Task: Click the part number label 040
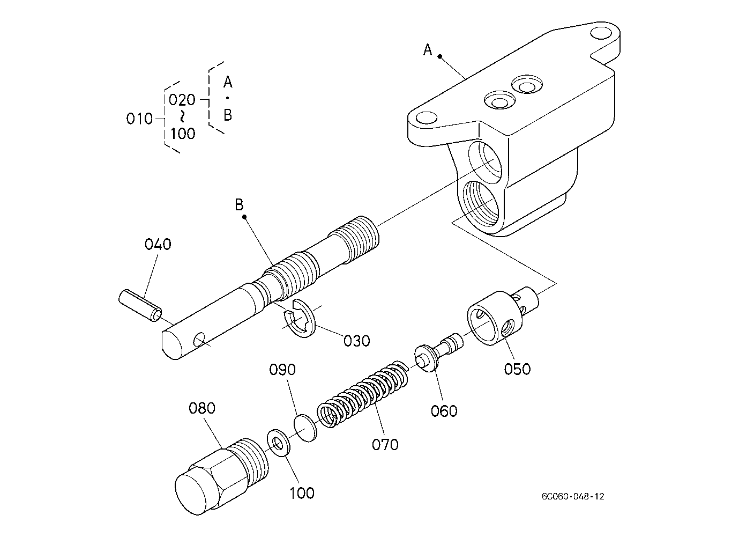tap(158, 245)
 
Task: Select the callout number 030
tap(356, 341)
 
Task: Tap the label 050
tap(517, 369)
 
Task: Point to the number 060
tap(444, 411)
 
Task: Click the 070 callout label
tap(385, 444)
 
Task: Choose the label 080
tap(202, 408)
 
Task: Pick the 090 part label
tap(282, 370)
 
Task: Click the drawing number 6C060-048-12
tap(572, 497)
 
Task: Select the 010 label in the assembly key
tap(139, 119)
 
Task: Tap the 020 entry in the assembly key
tap(182, 100)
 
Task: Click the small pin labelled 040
tap(139, 305)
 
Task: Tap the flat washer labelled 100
tap(279, 443)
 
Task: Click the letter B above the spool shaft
tap(239, 204)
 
